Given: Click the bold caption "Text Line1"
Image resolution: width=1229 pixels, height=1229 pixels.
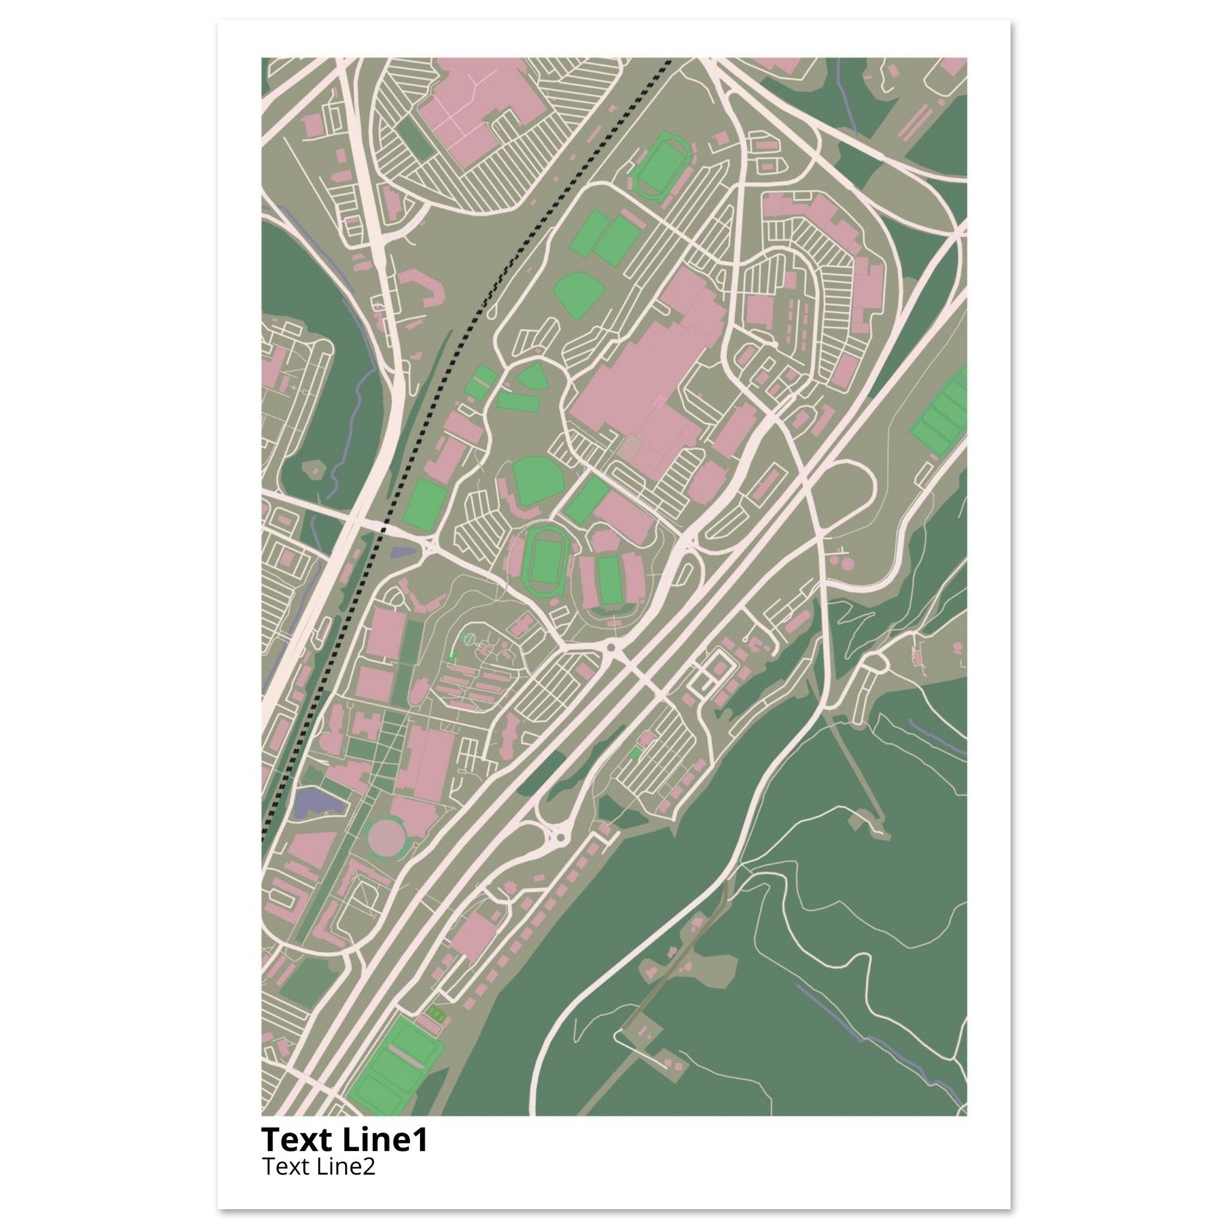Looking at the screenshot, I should [344, 1140].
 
